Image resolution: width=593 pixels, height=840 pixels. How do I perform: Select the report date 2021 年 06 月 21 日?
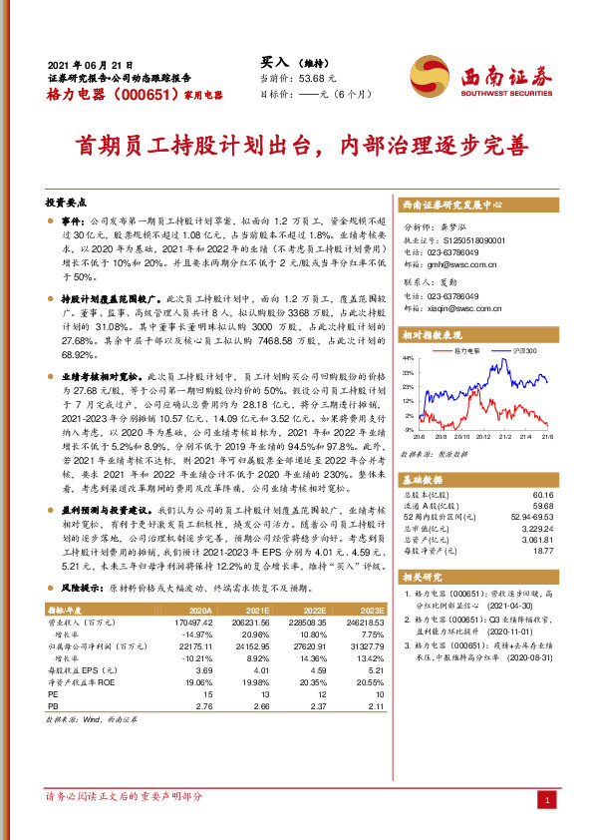pyautogui.click(x=90, y=62)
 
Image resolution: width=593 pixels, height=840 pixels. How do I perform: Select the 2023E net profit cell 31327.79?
pyautogui.click(x=363, y=646)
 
